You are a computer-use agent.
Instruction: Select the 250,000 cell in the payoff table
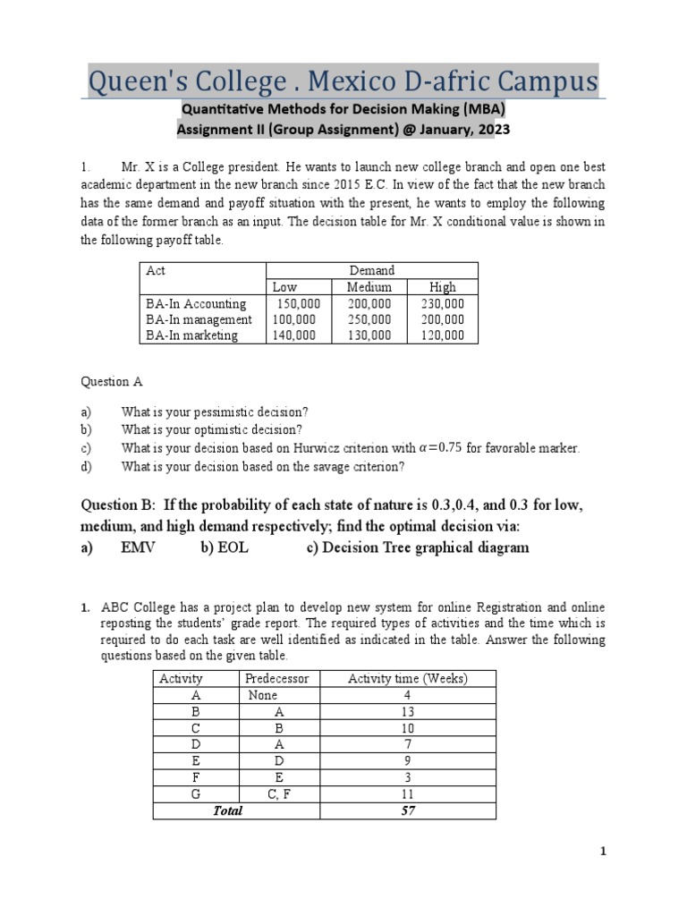(x=369, y=319)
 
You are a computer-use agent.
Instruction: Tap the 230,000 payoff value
(x=442, y=303)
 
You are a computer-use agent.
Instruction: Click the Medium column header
(x=369, y=287)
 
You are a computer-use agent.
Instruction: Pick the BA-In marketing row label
(x=191, y=335)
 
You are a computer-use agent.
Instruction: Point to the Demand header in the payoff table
(x=372, y=270)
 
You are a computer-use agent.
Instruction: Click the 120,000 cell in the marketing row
(x=442, y=335)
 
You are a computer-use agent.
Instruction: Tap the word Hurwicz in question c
(x=325, y=448)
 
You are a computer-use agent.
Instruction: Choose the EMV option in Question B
(x=138, y=547)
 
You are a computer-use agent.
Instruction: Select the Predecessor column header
(x=276, y=678)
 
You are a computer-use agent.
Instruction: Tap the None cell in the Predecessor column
(x=263, y=695)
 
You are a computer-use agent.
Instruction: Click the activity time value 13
(x=407, y=711)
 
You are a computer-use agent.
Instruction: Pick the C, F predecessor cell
(x=276, y=793)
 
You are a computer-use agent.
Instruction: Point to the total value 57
(x=407, y=810)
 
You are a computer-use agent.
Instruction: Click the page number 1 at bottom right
(x=603, y=852)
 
